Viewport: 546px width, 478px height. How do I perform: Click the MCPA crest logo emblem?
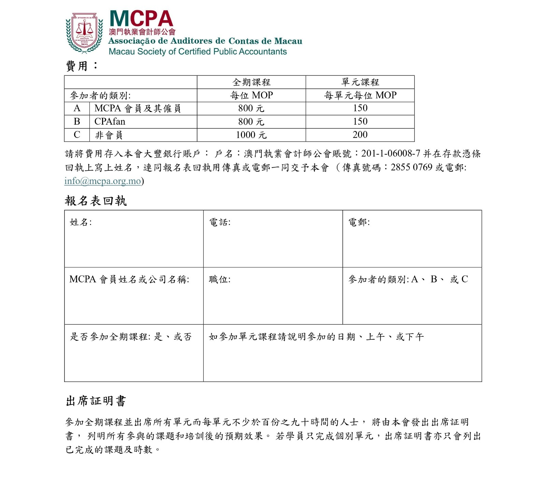(x=84, y=33)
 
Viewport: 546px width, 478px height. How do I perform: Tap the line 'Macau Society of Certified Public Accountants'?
(x=198, y=52)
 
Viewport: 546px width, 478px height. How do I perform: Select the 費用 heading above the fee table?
(x=77, y=66)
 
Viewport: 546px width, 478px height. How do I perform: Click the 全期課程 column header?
(x=251, y=82)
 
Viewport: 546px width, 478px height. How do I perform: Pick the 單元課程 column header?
(x=360, y=82)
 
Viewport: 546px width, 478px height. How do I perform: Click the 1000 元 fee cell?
(x=251, y=135)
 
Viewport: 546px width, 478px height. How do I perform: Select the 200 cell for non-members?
(x=360, y=135)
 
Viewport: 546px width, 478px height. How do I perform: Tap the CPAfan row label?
(x=110, y=122)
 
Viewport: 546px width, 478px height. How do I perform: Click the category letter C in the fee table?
(x=77, y=135)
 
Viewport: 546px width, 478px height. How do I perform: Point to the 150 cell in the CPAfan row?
(x=360, y=122)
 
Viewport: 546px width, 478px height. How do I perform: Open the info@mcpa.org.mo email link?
(x=103, y=181)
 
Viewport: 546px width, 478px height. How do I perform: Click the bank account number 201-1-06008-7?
(x=390, y=154)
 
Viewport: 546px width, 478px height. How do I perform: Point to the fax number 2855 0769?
(x=411, y=167)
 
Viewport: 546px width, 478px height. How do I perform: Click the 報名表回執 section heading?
(x=96, y=201)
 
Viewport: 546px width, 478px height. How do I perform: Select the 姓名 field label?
(x=81, y=222)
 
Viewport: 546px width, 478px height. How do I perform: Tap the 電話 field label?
(x=220, y=222)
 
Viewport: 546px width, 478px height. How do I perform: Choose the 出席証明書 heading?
(x=96, y=401)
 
